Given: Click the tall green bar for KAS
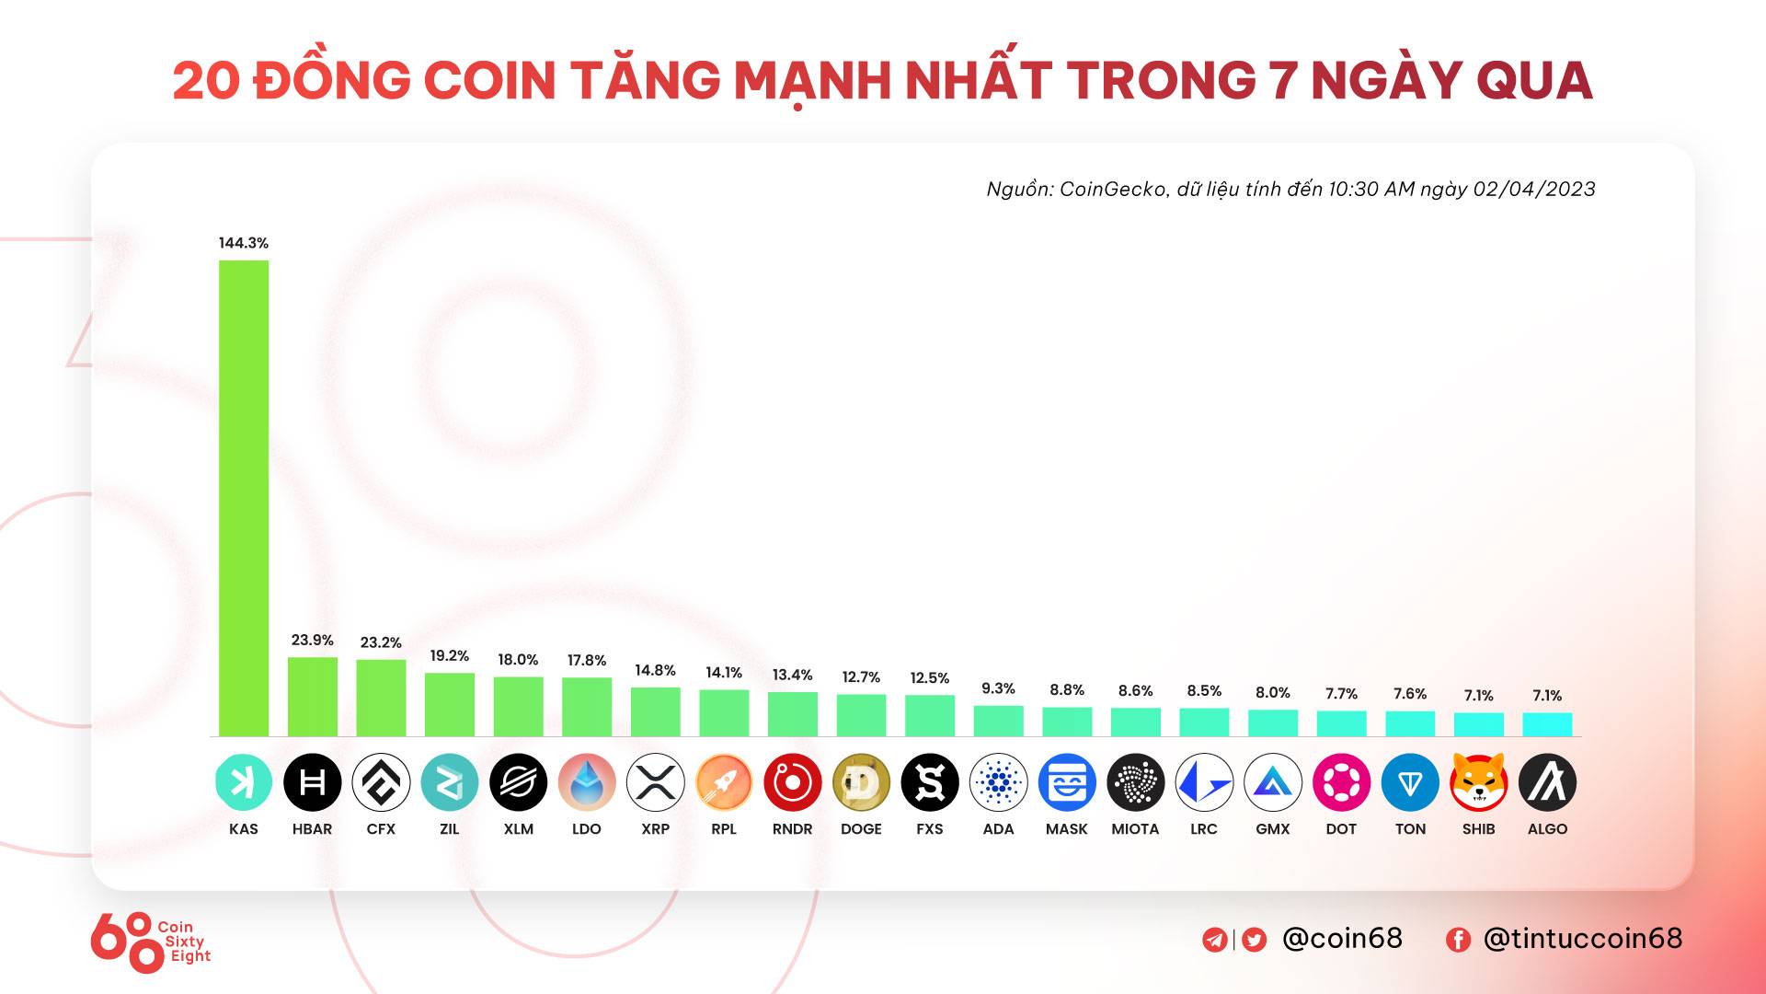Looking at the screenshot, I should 244,498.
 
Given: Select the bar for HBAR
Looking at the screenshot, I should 313,697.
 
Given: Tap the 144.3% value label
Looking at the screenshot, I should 244,243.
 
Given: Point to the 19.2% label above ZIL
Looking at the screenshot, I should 449,655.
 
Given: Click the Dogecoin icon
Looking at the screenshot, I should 861,783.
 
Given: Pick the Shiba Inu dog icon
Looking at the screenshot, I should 1478,783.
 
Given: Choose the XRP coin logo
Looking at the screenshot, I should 655,783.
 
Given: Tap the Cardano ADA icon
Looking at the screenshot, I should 998,783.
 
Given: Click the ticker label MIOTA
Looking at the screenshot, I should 1135,829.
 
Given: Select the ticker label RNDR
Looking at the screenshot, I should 792,829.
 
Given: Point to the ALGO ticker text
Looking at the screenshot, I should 1547,829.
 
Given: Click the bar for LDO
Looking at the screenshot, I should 587,707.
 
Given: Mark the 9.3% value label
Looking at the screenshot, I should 998,688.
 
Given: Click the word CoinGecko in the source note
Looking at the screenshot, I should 1113,190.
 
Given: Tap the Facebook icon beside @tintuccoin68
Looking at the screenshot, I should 1458,940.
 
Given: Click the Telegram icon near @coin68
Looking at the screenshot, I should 1214,940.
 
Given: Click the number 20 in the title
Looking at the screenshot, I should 206,81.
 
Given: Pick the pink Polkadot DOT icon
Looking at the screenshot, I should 1341,783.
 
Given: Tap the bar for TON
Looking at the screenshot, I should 1410,723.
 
